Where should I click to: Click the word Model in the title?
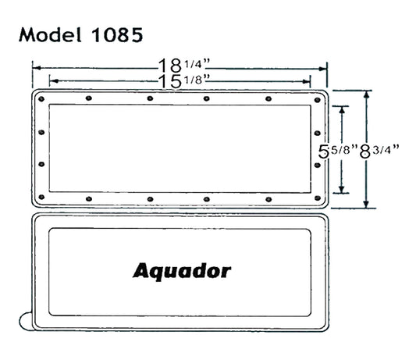(x=50, y=35)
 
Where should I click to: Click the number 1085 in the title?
(x=117, y=35)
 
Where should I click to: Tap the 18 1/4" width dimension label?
(x=184, y=66)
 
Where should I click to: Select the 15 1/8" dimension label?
(x=184, y=81)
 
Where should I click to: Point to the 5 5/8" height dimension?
(x=338, y=151)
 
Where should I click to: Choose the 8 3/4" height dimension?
(x=379, y=151)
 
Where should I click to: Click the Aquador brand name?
(x=182, y=271)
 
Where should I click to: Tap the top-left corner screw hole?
(x=41, y=99)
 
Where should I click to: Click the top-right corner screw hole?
(x=318, y=100)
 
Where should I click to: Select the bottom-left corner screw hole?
(x=41, y=197)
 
